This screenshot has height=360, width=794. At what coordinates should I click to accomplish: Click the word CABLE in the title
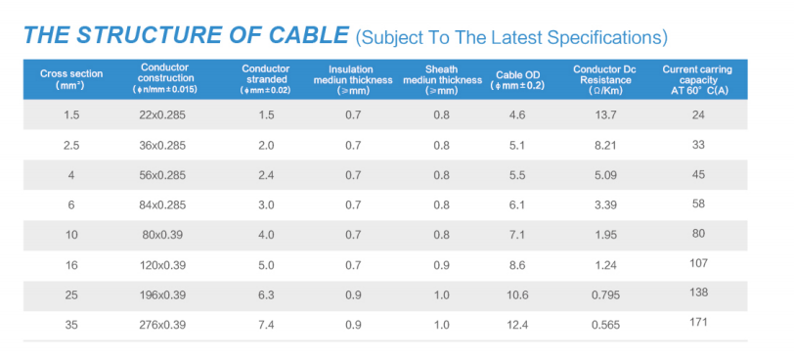click(308, 35)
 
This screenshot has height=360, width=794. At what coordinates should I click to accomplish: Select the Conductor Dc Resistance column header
click(605, 80)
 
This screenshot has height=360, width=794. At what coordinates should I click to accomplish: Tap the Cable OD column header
click(517, 80)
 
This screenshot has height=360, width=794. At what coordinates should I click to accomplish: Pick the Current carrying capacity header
click(697, 80)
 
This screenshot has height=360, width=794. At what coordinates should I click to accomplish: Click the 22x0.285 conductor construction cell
click(162, 114)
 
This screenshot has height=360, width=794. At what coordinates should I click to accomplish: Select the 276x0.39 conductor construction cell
click(162, 325)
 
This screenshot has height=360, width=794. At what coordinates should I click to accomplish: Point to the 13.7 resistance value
click(605, 114)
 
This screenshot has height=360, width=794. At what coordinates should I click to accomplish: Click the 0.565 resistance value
click(605, 325)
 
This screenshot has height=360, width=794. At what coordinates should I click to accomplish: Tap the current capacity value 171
click(698, 322)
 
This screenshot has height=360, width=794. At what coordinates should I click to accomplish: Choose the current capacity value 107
click(698, 263)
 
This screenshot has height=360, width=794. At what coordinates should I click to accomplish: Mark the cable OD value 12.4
click(517, 325)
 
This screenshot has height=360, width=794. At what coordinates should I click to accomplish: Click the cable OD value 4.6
click(517, 114)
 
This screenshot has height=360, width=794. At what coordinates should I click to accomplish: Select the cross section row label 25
click(71, 294)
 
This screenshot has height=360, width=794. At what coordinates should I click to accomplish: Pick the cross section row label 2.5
click(71, 146)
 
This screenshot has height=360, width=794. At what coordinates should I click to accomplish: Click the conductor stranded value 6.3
click(266, 294)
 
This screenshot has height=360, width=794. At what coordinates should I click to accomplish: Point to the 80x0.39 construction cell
click(162, 235)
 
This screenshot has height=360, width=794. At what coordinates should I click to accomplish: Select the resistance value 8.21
click(605, 146)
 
